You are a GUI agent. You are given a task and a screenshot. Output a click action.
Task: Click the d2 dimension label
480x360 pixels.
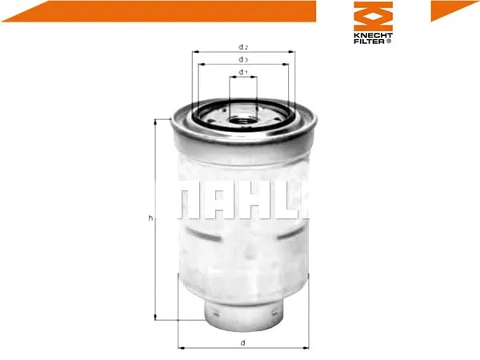point(243,47)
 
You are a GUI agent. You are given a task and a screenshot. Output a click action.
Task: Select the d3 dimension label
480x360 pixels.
point(243,60)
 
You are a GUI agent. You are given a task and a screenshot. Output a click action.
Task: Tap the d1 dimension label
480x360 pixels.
point(243,72)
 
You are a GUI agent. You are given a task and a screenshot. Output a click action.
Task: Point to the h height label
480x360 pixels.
point(150,218)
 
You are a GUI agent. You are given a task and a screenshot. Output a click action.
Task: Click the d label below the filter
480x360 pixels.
point(242,342)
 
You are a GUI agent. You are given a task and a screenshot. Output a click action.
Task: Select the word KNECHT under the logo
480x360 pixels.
point(373,35)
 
